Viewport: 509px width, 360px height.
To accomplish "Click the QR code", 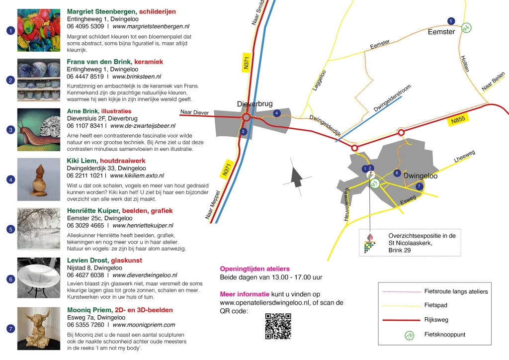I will tap(278, 326).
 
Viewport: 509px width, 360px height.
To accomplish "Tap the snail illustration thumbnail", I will tap(39, 129).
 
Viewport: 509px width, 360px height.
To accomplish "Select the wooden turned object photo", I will tap(39, 180).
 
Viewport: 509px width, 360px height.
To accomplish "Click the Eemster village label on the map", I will tap(441, 32).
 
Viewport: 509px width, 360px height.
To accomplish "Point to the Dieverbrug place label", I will tap(254, 103).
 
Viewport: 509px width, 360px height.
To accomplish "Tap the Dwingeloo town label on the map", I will tap(421, 176).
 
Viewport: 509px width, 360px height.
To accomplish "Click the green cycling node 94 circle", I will tap(466, 28).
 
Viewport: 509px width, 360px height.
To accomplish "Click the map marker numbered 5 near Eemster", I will tap(451, 21).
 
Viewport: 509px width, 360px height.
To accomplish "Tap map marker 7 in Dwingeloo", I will tap(419, 186).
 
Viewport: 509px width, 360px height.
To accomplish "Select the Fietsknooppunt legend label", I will tap(445, 335).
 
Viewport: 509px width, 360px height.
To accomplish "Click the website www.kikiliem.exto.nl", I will tap(137, 176).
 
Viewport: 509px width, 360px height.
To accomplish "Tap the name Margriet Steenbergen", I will tap(102, 11).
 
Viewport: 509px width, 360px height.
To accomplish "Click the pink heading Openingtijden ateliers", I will tap(254, 269).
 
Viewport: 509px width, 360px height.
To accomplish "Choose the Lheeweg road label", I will tap(464, 156).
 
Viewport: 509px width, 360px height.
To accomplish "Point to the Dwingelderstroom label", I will tap(392, 98).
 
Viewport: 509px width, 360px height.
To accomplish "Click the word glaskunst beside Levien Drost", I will tap(127, 260).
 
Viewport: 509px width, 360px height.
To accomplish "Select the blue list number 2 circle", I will tap(10, 80).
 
